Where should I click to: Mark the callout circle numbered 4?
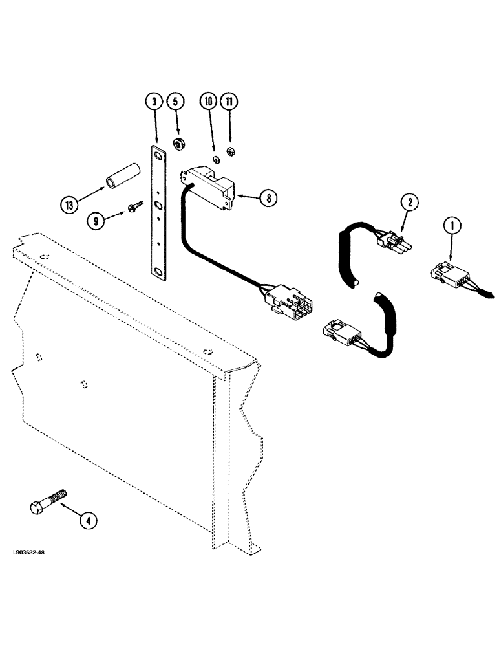(x=89, y=519)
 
